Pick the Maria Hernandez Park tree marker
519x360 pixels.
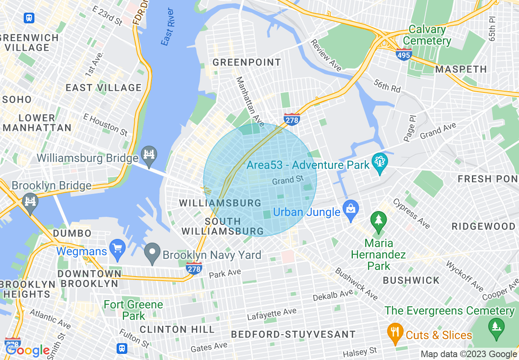(x=379, y=221)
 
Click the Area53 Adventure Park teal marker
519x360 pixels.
(x=380, y=162)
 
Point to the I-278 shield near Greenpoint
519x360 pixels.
(x=292, y=119)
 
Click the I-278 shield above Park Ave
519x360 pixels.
(x=194, y=268)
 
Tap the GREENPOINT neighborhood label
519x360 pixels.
(x=247, y=63)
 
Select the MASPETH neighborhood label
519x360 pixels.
(x=461, y=69)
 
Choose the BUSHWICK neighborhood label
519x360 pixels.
(x=411, y=280)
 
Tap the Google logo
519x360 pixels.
(x=28, y=350)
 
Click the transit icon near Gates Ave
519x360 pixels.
(x=122, y=348)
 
